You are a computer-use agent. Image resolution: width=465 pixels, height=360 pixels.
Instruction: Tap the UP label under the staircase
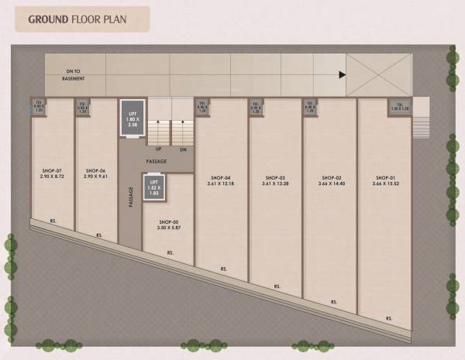pyautogui.click(x=159, y=149)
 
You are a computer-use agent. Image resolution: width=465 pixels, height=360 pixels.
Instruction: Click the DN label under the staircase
pyautogui.click(x=183, y=149)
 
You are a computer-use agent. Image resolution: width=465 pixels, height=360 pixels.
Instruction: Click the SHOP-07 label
pyautogui.click(x=53, y=170)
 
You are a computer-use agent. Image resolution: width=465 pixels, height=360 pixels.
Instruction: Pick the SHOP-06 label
pyautogui.click(x=95, y=170)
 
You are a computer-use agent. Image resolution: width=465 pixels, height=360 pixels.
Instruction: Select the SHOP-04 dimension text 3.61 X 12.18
pyautogui.click(x=221, y=183)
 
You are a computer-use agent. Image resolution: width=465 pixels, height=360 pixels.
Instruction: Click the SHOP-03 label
pyautogui.click(x=275, y=177)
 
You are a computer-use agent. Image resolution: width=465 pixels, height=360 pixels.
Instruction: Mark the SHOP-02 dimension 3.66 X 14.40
pyautogui.click(x=329, y=183)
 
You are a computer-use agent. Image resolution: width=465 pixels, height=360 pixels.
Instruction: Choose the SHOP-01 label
pyautogui.click(x=385, y=177)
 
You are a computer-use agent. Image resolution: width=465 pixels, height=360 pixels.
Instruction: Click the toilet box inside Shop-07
pyautogui.click(x=38, y=106)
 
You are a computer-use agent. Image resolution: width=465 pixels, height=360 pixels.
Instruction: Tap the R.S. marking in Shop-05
pyautogui.click(x=169, y=252)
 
